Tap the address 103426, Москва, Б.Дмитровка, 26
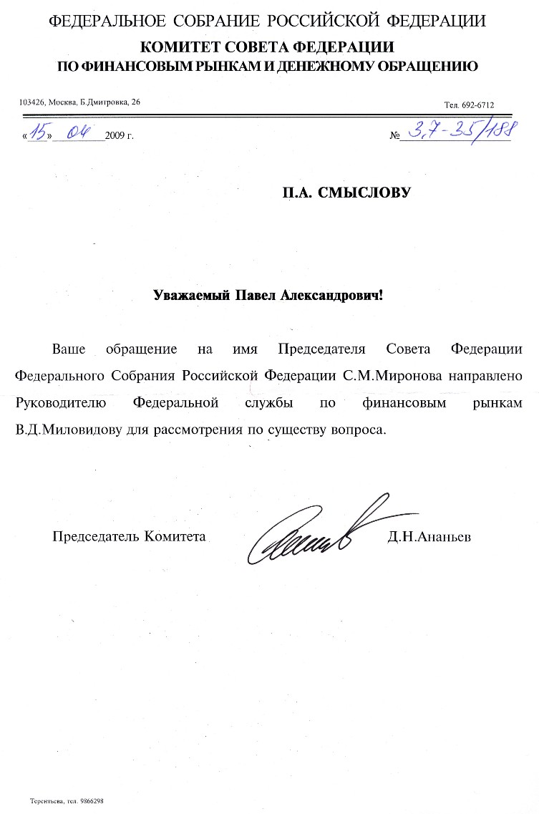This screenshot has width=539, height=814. (79, 102)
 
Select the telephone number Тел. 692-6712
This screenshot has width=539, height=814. (469, 105)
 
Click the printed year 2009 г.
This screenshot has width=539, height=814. (119, 135)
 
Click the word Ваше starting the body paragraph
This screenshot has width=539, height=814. (69, 349)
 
